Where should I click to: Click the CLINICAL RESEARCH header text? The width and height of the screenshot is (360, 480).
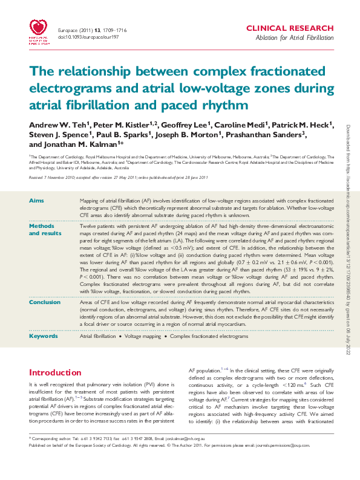[289, 28]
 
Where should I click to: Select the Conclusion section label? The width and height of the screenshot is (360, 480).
[45, 302]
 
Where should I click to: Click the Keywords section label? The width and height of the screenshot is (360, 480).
[44, 336]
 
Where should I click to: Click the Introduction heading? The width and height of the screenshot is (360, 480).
[55, 372]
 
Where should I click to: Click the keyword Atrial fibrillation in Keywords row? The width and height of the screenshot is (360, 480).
[97, 336]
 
